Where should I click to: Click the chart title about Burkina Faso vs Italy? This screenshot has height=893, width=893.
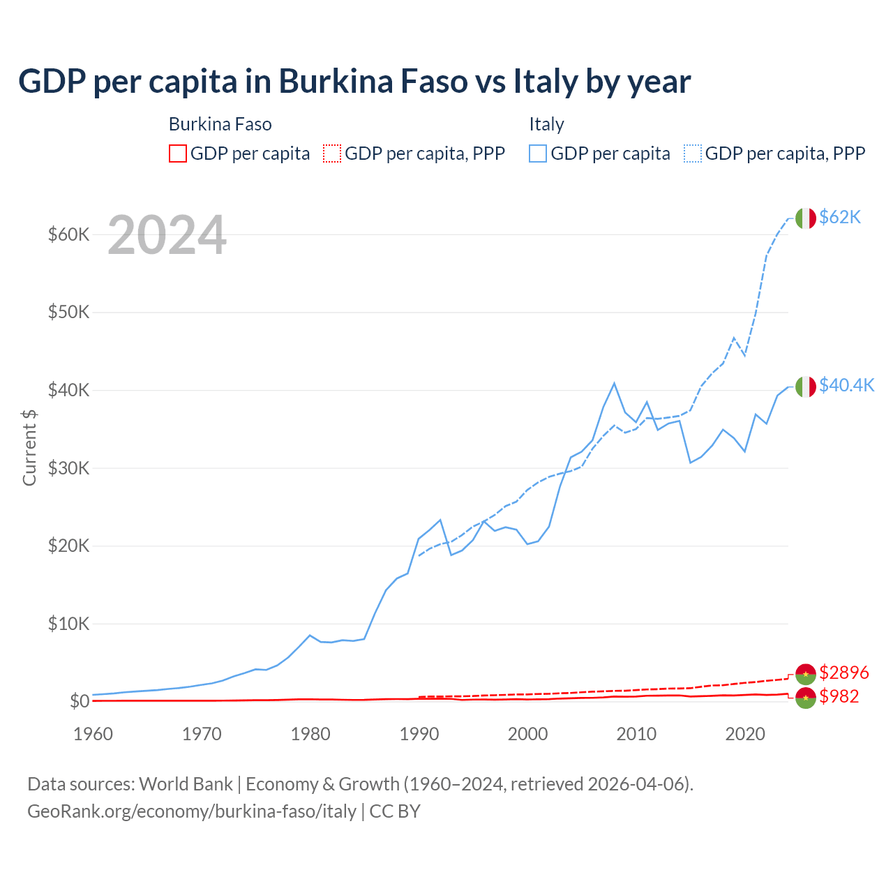354,82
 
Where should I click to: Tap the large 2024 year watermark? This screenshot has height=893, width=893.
167,236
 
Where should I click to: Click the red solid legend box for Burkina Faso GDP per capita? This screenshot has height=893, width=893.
178,153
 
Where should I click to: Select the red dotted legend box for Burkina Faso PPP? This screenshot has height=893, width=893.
332,153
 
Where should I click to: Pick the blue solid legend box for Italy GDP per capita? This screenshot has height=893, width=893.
538,153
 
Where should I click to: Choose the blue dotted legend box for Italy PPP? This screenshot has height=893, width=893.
693,153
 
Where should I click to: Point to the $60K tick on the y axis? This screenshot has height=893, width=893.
68,234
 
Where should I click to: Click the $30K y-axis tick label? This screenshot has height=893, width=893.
68,468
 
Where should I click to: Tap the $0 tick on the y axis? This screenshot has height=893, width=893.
79,701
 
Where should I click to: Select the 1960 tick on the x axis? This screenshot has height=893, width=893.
93,734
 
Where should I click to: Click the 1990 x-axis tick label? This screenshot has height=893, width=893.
419,734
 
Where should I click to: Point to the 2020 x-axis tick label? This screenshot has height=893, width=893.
745,734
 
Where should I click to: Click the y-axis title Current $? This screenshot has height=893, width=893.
29,447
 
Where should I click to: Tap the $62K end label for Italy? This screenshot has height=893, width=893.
840,218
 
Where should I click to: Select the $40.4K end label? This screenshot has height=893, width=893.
846,386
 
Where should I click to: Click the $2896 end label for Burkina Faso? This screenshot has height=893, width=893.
843,673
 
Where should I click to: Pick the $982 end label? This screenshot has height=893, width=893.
839,696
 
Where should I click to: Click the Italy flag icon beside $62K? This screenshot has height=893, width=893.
806,218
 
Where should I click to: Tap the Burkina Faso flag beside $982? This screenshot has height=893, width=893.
806,698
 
